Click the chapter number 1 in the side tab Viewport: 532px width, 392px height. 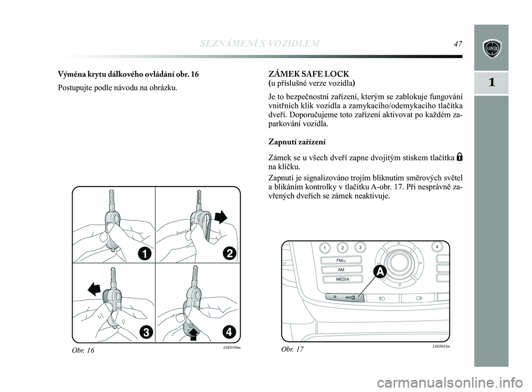(x=491, y=82)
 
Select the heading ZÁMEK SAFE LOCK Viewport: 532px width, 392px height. (x=309, y=74)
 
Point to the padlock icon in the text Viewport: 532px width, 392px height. (x=460, y=157)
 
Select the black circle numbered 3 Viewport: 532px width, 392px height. (x=146, y=332)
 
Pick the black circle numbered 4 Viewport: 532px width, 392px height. (x=229, y=332)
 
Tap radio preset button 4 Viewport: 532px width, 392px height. (x=437, y=246)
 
